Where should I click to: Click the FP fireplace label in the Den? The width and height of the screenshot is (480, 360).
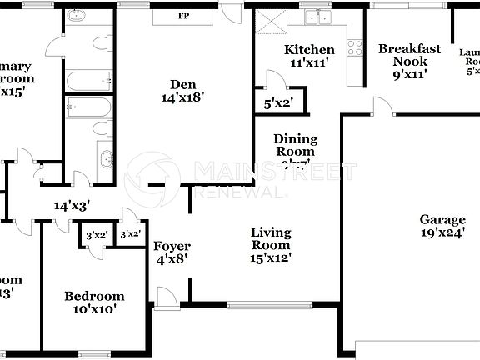click(183, 16)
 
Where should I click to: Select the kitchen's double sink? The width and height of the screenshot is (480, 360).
click(317, 17)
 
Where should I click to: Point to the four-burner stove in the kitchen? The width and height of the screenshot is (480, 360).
click(356, 47)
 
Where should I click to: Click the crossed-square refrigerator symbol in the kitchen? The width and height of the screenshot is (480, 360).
click(267, 21)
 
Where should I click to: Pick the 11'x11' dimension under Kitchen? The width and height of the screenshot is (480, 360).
click(309, 62)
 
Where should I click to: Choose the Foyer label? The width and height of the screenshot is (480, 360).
click(172, 247)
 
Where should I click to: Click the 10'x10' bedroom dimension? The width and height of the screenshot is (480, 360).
click(95, 308)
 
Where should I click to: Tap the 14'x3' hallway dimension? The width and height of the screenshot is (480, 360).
click(72, 204)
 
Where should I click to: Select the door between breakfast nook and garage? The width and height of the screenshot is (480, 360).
click(382, 107)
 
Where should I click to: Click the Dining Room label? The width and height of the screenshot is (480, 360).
click(295, 146)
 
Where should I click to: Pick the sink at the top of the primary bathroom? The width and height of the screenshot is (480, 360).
click(77, 16)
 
